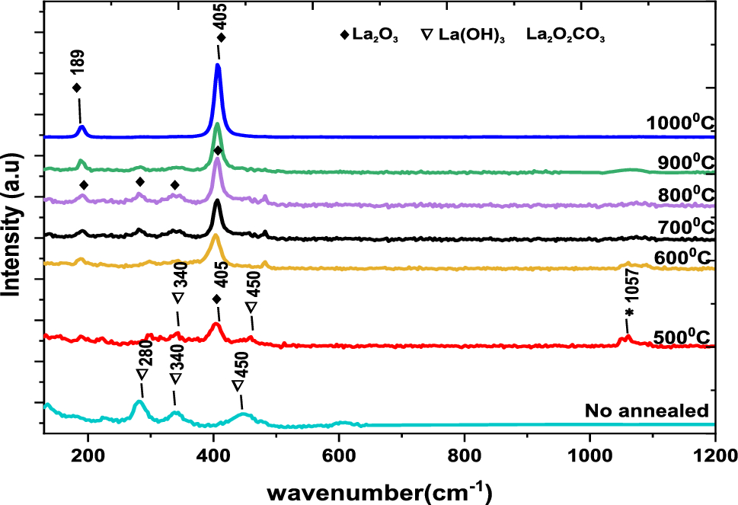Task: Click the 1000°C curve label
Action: (679, 123)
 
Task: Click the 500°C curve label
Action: (682, 337)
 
